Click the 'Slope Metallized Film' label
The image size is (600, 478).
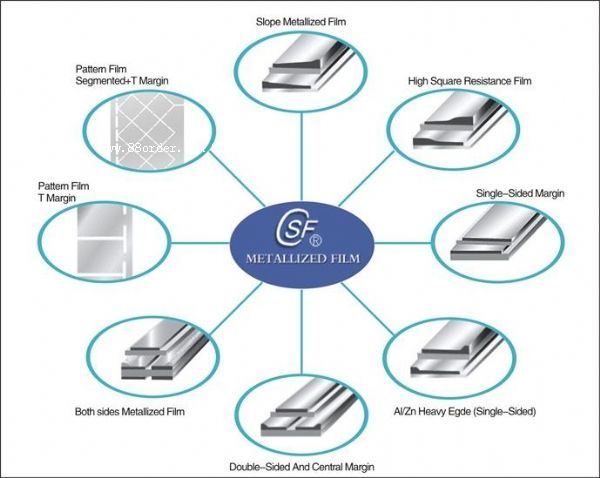click(308, 19)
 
